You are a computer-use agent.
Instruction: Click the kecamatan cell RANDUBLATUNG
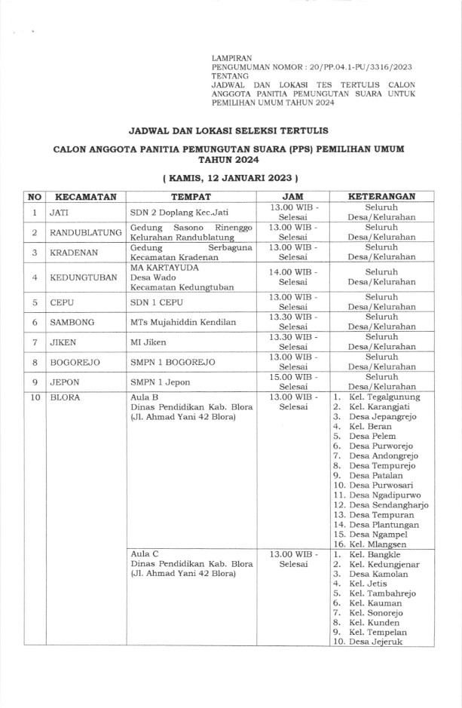pos(85,232)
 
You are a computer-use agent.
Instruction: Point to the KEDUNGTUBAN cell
pos(83,277)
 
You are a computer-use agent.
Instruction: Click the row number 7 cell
pos(35,342)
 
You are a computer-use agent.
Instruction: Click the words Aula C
pos(143,554)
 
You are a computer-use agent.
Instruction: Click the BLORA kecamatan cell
pos(65,396)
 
